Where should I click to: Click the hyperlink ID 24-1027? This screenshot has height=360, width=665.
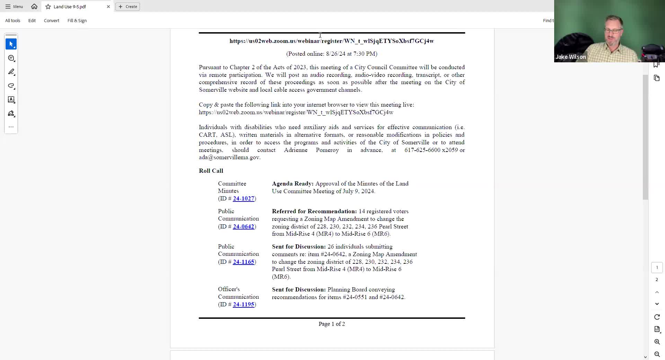(243, 198)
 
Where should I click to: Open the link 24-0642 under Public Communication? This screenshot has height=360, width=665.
(243, 226)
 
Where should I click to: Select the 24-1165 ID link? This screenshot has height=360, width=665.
(243, 262)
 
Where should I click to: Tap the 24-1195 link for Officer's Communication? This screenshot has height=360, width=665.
(243, 304)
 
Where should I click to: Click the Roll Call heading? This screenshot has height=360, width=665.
(211, 171)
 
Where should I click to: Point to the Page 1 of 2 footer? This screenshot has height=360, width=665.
(331, 324)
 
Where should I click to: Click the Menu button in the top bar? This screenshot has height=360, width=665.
(14, 7)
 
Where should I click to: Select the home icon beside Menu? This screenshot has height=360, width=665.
(34, 7)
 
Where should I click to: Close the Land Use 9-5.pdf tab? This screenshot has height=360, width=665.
(108, 7)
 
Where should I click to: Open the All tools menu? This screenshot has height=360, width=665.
(13, 20)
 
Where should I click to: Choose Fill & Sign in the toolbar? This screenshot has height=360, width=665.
(77, 20)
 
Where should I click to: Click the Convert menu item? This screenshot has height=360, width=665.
(52, 20)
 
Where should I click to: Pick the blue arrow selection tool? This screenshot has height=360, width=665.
(11, 44)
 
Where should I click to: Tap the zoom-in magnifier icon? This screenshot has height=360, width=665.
(657, 342)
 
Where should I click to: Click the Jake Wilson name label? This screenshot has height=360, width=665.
(570, 57)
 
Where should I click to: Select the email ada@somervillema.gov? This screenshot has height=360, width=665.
(229, 157)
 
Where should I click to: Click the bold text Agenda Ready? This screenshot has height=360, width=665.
(293, 183)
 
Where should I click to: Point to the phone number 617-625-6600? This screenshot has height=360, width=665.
(422, 150)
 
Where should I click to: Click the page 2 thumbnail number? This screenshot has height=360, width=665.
(657, 279)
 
